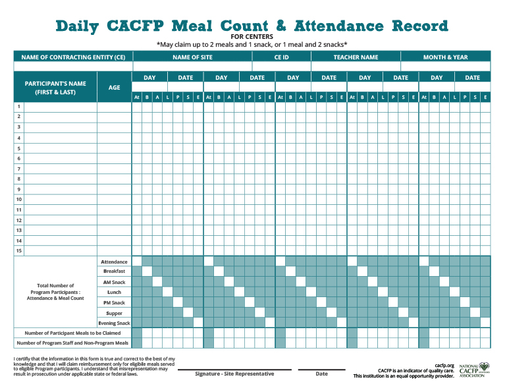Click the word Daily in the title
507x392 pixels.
(x=77, y=26)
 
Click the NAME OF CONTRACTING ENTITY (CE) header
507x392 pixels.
(x=73, y=57)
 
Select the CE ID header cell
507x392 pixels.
(x=281, y=57)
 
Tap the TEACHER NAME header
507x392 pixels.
(x=356, y=57)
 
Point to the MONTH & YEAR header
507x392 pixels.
(x=445, y=57)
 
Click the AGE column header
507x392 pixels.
(x=114, y=88)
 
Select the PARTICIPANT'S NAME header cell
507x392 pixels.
(x=55, y=88)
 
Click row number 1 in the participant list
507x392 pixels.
(x=19, y=107)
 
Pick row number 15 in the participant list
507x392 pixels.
(x=19, y=251)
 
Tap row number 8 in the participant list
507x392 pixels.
(x=19, y=179)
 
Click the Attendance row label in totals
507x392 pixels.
(x=114, y=262)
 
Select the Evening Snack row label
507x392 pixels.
(x=114, y=323)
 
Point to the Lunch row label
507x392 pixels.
(x=114, y=292)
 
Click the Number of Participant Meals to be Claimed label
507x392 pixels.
(x=72, y=333)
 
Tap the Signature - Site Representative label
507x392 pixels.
(x=234, y=374)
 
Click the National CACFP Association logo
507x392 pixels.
(x=474, y=370)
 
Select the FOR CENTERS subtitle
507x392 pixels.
(x=252, y=37)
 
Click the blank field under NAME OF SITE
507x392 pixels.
(x=192, y=67)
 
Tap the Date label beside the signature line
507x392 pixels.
(x=321, y=374)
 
